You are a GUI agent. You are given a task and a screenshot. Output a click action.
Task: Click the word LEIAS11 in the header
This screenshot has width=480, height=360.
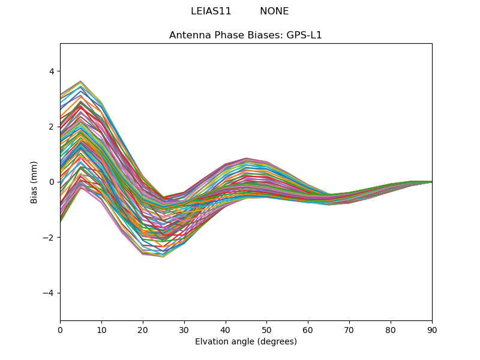pos(211,11)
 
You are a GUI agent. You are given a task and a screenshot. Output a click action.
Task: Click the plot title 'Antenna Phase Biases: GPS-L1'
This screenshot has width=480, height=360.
pos(245,35)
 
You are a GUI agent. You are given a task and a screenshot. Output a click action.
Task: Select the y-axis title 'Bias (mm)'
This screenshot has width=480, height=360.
pos(34,182)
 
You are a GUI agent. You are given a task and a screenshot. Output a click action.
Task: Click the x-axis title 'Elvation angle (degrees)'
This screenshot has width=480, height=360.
pos(246,342)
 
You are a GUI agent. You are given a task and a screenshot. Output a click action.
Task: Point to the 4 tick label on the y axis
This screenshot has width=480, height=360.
pos(51,71)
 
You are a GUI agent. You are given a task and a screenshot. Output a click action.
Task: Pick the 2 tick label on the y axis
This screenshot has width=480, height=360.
pos(51,127)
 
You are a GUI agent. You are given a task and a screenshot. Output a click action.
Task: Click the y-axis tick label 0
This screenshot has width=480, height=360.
pos(51,182)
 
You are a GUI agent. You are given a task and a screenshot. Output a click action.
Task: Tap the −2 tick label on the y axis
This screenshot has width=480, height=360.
pos(49,238)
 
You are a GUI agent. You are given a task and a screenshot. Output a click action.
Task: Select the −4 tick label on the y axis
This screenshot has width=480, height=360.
pos(49,293)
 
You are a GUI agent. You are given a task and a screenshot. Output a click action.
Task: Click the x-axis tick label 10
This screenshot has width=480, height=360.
pos(101,329)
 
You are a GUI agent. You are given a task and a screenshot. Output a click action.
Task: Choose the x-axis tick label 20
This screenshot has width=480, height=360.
pos(143,329)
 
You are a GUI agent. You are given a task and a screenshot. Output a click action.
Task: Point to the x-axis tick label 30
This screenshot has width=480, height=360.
pos(184,329)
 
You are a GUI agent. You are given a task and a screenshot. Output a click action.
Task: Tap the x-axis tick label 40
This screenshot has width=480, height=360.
pos(226,329)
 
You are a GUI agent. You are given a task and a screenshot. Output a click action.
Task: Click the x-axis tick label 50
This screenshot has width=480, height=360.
pos(266,329)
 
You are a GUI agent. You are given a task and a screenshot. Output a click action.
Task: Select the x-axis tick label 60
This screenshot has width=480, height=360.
pos(308,329)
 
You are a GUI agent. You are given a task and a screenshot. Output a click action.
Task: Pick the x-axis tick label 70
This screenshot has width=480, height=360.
pos(349,329)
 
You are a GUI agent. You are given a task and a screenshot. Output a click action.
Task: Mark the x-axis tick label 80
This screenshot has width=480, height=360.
pos(391,329)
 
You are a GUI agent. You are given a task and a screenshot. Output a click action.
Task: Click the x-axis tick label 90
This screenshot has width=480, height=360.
pos(432,329)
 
